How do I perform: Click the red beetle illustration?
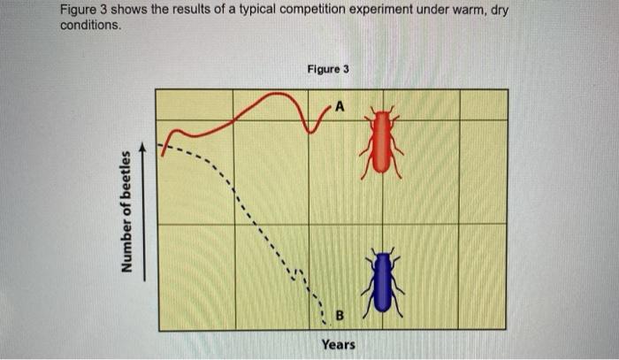382,142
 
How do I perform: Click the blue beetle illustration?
382,282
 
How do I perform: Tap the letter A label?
340,108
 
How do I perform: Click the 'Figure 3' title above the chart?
328,69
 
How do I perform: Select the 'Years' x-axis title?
339,344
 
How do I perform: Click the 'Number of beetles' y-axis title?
129,211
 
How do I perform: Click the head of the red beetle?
382,114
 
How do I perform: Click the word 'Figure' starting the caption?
81,10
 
